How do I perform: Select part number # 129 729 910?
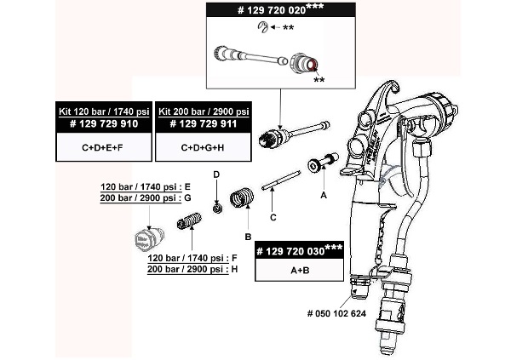click(x=104, y=124)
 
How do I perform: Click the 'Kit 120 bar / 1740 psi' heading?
click(x=104, y=111)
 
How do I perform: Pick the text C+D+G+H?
click(x=203, y=147)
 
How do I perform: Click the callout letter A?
click(x=323, y=194)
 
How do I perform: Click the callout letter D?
click(x=216, y=174)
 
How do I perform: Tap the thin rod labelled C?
click(x=280, y=180)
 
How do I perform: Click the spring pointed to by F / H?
click(x=187, y=224)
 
